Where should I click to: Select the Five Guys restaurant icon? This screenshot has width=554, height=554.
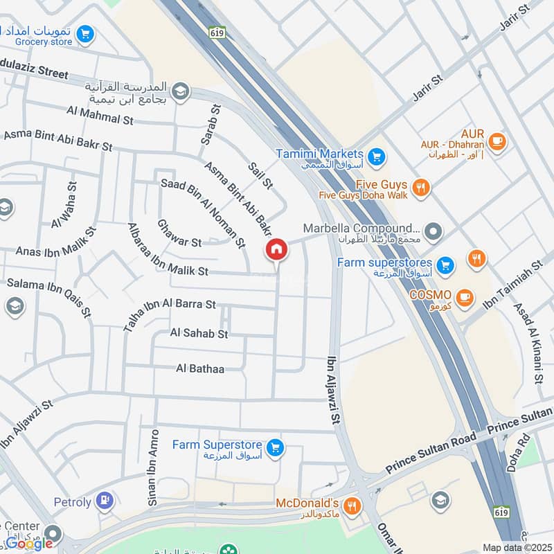pyautogui.click(x=420, y=188)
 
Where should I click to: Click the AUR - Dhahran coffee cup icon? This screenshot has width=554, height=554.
pyautogui.click(x=497, y=142)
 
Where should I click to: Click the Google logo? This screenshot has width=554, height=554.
pyautogui.click(x=29, y=543)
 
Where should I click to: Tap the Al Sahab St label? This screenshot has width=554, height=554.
pyautogui.click(x=199, y=334)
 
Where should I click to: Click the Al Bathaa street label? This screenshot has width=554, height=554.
pyautogui.click(x=200, y=368)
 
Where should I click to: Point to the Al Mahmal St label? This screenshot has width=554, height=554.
pyautogui.click(x=100, y=115)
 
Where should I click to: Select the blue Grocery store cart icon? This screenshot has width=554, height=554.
pyautogui.click(x=85, y=34)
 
